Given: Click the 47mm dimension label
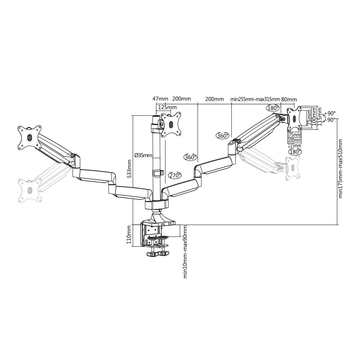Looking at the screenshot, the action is (160, 99).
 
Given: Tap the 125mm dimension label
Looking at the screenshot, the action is (167, 107).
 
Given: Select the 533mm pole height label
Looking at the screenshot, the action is (129, 169).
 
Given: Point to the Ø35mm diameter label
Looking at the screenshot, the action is (143, 155).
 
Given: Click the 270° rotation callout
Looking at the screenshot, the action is (175, 175).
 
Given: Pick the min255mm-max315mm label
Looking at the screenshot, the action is (255, 99).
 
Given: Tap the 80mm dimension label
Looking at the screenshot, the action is (289, 99).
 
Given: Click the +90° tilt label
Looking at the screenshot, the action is (330, 113).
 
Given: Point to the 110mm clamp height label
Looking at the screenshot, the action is (129, 235).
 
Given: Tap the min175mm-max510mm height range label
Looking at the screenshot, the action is (340, 169).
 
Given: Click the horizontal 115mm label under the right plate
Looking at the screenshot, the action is (295, 145).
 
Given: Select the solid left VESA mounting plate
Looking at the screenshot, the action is (29, 137).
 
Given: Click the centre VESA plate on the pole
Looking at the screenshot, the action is (171, 124).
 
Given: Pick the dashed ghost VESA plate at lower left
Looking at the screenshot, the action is (30, 190).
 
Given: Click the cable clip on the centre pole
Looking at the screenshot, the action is (159, 173).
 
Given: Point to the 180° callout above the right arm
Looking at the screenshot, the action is (273, 108).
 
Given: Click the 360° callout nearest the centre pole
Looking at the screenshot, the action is (191, 157).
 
